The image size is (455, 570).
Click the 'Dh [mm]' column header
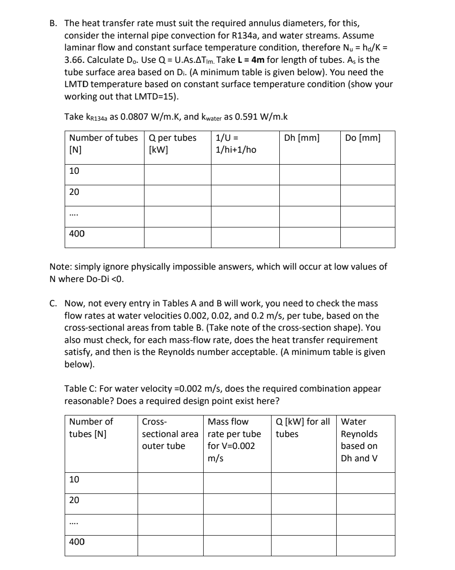click(302, 138)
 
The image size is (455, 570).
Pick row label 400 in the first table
click(76, 234)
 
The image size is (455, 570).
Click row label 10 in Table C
click(74, 480)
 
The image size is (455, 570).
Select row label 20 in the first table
click(74, 192)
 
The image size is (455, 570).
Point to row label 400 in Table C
click(76, 542)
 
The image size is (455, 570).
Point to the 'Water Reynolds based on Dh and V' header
click(359, 440)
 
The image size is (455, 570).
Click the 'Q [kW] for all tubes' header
click(302, 427)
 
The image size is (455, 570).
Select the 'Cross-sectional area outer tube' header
click(170, 434)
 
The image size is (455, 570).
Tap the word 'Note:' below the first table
click(60, 267)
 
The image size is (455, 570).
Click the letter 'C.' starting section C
click(54, 304)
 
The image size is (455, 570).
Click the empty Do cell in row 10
click(367, 175)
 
